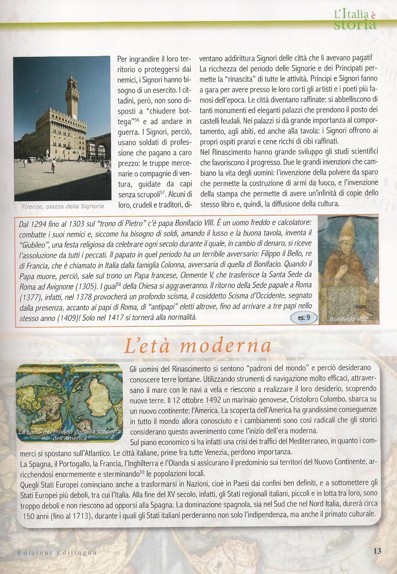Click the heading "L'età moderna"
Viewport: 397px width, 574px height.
click(198, 346)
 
